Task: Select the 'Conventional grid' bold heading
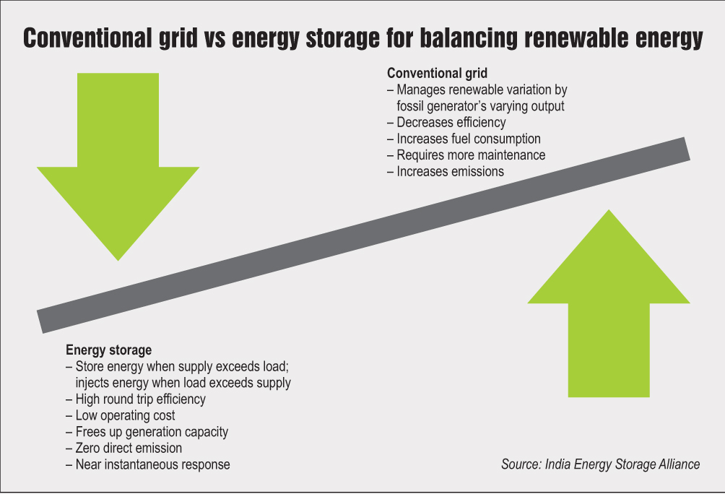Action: [x=437, y=74]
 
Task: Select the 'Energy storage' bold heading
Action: [x=109, y=350]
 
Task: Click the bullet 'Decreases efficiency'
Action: [x=451, y=123]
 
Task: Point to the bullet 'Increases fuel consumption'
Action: [x=468, y=139]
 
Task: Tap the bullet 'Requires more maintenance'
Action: [x=471, y=155]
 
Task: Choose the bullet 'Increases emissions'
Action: [x=450, y=172]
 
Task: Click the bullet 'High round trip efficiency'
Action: [x=140, y=399]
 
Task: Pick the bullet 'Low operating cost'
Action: [x=125, y=415]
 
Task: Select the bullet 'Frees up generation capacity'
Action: [x=152, y=432]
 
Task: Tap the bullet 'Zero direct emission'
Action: [x=129, y=448]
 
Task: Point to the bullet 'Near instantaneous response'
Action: [x=152, y=465]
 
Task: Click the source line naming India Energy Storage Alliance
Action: [x=600, y=464]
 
